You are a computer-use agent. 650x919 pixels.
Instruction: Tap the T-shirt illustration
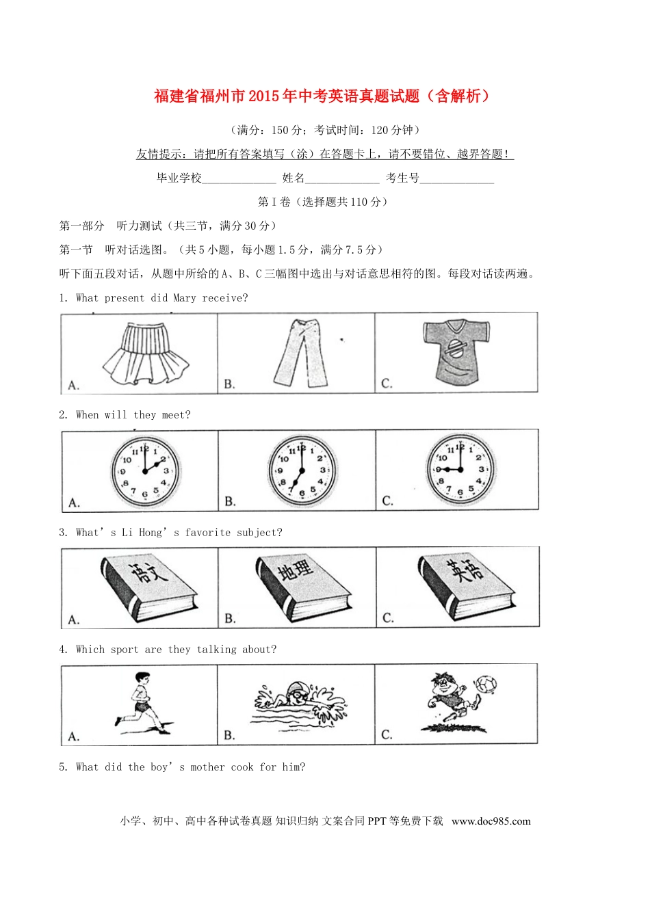click(x=456, y=350)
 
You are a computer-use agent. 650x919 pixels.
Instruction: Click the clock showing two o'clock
click(x=145, y=471)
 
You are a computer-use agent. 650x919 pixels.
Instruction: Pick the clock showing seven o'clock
click(x=301, y=470)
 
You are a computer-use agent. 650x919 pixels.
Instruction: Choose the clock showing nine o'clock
click(x=460, y=470)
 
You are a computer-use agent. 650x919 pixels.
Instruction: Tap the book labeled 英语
click(x=466, y=587)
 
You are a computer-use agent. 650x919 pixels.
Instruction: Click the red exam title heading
click(x=322, y=96)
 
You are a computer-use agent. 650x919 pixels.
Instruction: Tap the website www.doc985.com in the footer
click(x=491, y=821)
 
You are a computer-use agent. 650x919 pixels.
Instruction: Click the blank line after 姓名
click(x=342, y=179)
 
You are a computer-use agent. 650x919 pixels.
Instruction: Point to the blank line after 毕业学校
click(x=239, y=179)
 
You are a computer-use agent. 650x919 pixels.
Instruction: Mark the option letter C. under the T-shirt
click(x=387, y=384)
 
